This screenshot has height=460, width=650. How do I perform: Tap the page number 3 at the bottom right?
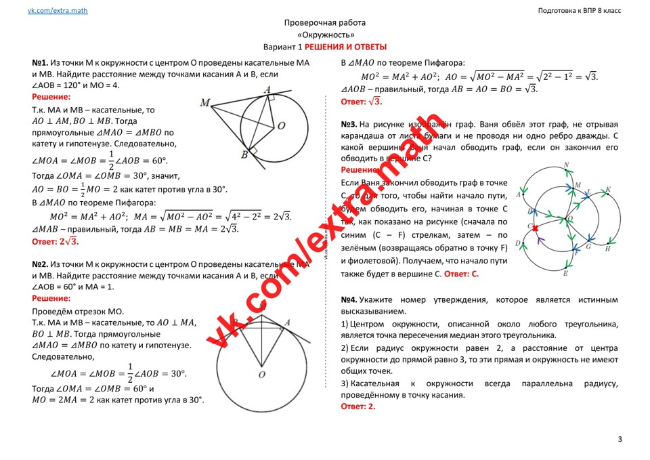[620, 440]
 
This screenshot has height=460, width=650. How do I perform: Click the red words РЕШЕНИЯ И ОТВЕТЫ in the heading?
[345, 47]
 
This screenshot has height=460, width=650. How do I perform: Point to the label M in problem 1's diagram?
[204, 102]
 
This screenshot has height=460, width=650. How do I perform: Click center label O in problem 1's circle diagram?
[281, 125]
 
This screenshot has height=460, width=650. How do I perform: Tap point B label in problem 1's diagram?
[244, 155]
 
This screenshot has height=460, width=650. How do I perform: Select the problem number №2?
[40, 264]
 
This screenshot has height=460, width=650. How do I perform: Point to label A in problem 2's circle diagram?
[287, 322]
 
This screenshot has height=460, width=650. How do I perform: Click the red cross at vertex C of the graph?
[534, 227]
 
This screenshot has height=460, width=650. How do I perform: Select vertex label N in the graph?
[566, 165]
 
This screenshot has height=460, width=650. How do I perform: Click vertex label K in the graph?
[608, 190]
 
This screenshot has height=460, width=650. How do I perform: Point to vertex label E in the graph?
[565, 273]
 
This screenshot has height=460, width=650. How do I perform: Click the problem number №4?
[349, 299]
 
